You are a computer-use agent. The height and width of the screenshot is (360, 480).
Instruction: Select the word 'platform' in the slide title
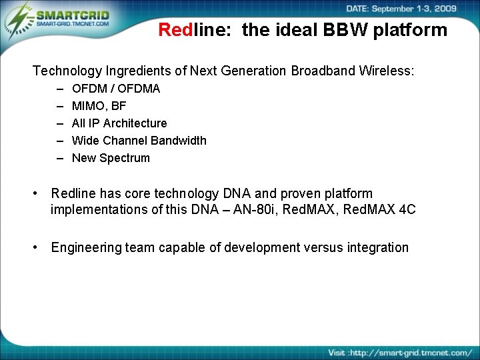pos(413,30)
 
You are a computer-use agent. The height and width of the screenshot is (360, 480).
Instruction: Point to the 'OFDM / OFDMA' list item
pos(116,89)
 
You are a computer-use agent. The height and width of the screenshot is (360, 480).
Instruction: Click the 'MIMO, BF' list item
pos(99,106)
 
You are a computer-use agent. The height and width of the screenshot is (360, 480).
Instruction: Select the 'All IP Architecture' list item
pos(119,123)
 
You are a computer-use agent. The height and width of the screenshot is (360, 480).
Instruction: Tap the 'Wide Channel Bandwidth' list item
pos(139,141)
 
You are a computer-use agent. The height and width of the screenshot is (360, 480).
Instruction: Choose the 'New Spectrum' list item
pos(111,158)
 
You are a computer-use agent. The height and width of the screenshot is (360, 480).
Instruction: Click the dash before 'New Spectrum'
pos(59,158)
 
